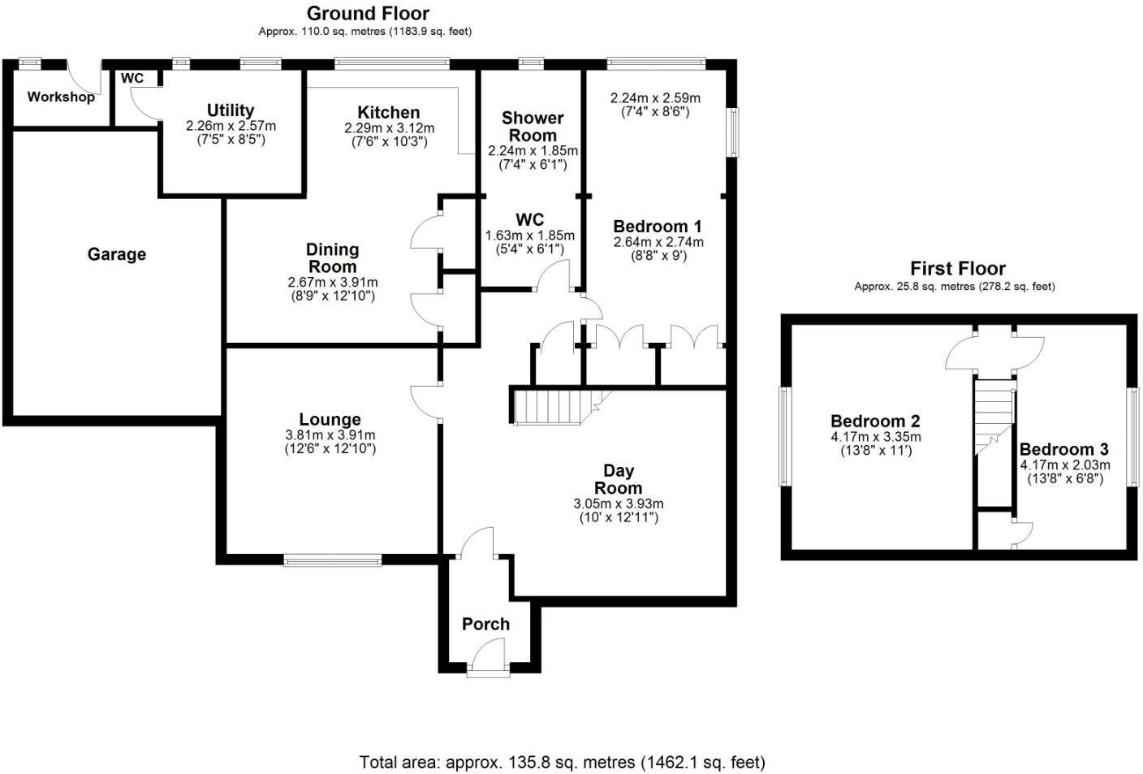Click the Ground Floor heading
click(368, 13)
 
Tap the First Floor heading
click(957, 268)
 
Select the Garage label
click(117, 254)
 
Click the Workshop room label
click(61, 97)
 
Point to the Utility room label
click(231, 110)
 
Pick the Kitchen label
click(389, 112)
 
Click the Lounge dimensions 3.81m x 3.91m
click(330, 435)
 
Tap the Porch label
click(485, 624)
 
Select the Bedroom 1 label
click(658, 227)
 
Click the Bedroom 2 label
click(875, 421)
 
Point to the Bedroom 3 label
click(1063, 449)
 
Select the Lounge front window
click(332, 559)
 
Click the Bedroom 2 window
click(785, 436)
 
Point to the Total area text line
click(562, 762)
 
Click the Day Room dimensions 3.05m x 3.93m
click(618, 504)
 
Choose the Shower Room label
click(533, 127)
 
